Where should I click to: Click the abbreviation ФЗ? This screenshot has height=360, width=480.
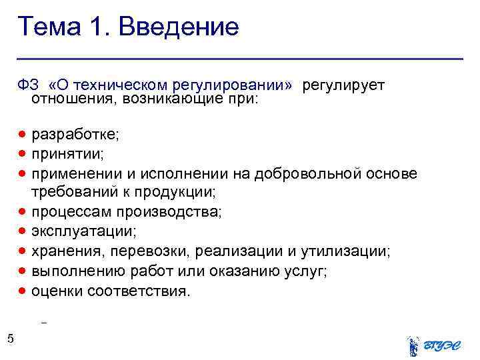point(28,86)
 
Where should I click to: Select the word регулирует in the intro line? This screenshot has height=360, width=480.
point(344,86)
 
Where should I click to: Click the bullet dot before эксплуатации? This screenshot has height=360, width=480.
point(23,231)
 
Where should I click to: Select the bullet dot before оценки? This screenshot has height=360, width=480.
point(23,290)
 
